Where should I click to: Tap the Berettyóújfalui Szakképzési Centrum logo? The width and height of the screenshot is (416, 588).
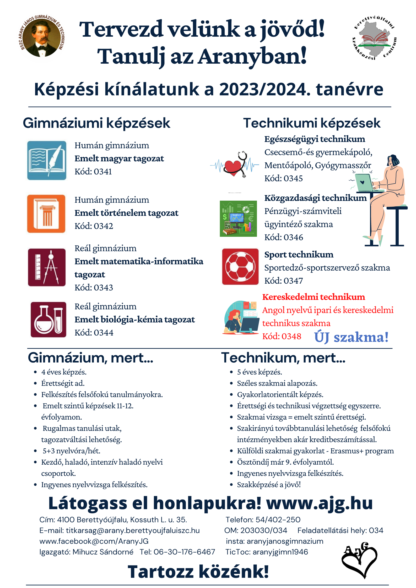(x=374, y=37)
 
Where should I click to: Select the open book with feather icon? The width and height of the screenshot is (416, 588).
(x=47, y=160)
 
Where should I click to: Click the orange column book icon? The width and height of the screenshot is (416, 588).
(x=46, y=214)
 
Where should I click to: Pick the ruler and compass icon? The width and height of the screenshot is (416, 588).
(x=47, y=267)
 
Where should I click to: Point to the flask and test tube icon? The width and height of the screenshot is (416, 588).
(x=48, y=320)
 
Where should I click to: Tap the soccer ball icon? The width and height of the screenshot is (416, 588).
(x=240, y=267)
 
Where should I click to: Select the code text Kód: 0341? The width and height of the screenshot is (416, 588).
(x=93, y=172)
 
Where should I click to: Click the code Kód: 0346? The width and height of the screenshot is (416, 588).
(x=284, y=237)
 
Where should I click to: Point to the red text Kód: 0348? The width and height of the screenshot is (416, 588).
(x=282, y=336)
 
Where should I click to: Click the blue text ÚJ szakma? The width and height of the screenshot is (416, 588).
(x=351, y=337)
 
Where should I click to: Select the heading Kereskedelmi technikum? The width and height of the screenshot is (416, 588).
(x=314, y=297)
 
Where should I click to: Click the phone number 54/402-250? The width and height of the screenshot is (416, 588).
(x=278, y=520)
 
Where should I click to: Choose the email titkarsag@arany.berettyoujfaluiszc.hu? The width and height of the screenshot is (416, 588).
(x=133, y=530)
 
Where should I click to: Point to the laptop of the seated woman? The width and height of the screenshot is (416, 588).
(x=364, y=182)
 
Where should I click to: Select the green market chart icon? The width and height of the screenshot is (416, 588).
(x=238, y=218)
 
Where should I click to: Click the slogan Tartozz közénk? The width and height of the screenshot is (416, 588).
(x=198, y=571)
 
